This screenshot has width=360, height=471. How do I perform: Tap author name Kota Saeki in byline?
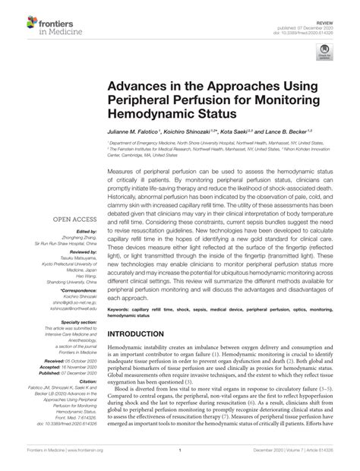coord(252,131)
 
